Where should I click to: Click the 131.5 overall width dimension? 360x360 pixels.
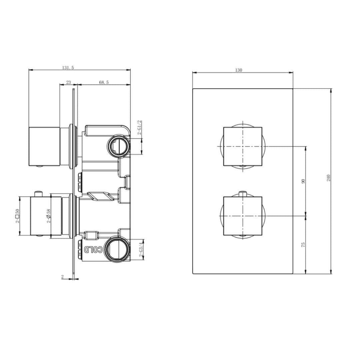point(68,67)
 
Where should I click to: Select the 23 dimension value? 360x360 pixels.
point(68,82)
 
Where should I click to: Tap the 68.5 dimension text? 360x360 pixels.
point(104,82)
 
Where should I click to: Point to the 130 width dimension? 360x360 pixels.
point(238,70)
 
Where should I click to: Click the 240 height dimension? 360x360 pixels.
point(328,177)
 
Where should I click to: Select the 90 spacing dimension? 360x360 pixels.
point(303,181)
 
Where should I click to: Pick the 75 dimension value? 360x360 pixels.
point(303,244)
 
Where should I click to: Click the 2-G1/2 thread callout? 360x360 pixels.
point(140,127)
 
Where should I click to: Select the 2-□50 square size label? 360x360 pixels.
point(17,216)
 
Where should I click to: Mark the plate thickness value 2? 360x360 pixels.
point(62,277)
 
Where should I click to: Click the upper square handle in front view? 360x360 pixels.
point(242,146)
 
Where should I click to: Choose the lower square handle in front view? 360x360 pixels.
point(242,216)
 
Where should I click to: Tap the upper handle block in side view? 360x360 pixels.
point(44,146)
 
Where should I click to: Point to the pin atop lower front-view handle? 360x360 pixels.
point(242,193)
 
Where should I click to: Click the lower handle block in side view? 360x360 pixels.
point(46,216)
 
